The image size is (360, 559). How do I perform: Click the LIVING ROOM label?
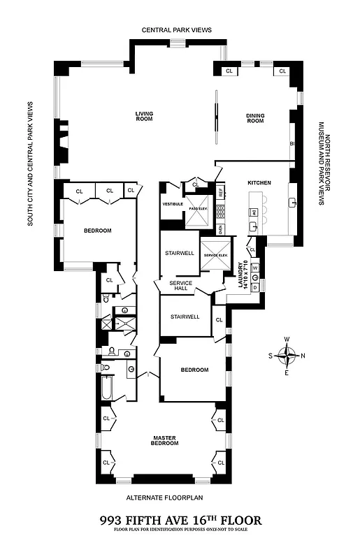point(145,117)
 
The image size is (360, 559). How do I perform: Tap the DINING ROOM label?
point(255,118)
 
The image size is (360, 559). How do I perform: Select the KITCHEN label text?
point(259,183)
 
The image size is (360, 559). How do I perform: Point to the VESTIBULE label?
point(172,203)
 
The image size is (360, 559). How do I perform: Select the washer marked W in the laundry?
point(255,268)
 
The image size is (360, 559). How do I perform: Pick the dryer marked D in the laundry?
point(255,286)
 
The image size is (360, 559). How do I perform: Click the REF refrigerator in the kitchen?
point(219,191)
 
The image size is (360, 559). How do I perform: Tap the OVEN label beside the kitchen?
point(220,228)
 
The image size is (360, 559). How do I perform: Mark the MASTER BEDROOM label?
point(168,441)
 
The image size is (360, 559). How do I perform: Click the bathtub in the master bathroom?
point(106,389)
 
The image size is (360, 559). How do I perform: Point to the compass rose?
point(287,356)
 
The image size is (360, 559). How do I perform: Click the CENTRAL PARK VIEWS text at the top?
point(176,30)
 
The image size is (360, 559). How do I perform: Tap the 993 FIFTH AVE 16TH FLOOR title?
point(180,520)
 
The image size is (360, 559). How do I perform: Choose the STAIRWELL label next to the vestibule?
point(178,254)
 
